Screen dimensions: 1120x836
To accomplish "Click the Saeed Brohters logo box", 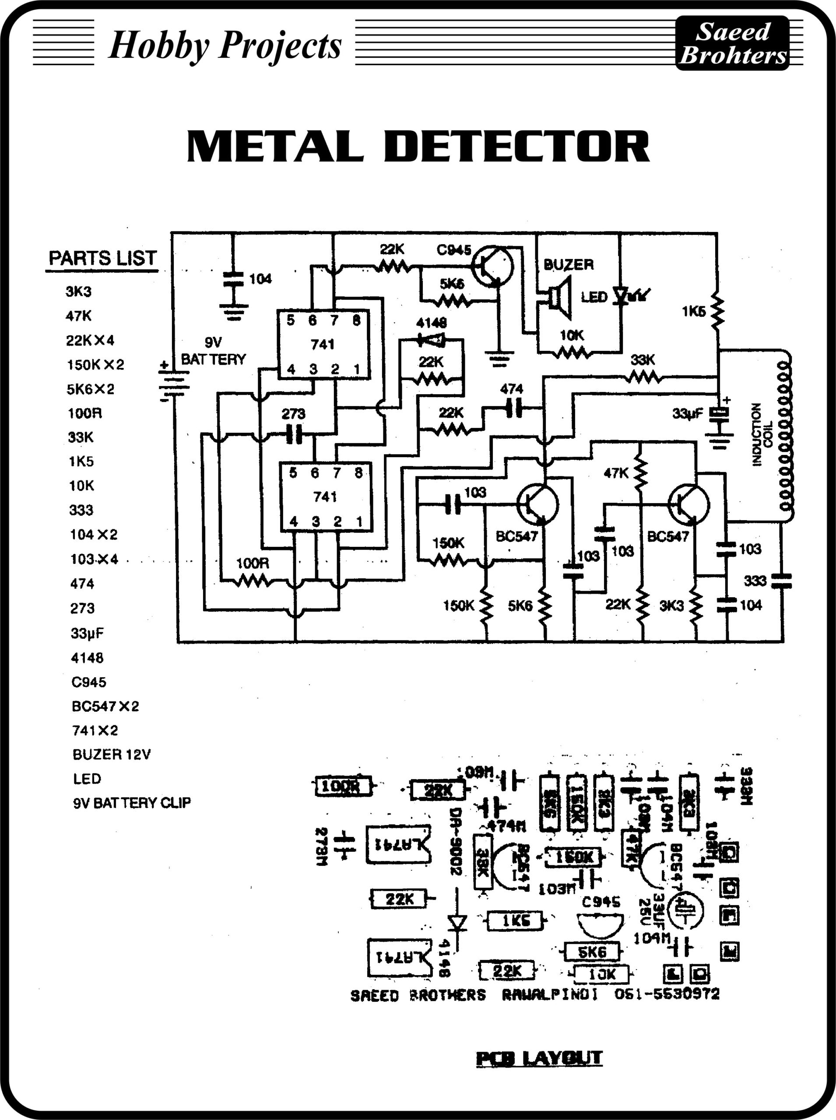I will click(x=732, y=43).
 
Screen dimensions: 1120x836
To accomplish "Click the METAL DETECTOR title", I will click(x=418, y=146).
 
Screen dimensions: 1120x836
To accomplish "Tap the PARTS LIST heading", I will click(x=102, y=259).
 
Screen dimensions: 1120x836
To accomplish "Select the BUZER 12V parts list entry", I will click(x=111, y=755).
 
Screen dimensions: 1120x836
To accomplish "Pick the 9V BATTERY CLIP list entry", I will click(x=132, y=803).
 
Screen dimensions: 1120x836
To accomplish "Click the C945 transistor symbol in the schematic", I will click(x=492, y=266).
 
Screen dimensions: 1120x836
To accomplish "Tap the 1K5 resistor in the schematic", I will click(x=717, y=311).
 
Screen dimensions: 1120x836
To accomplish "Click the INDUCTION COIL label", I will click(x=762, y=434).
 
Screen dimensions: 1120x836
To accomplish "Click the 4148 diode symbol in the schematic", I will click(x=431, y=339).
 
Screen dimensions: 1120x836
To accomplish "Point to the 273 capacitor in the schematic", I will click(x=294, y=434).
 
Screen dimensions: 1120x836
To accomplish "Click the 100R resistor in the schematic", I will click(x=253, y=582).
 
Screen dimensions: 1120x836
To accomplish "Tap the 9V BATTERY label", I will click(x=213, y=351).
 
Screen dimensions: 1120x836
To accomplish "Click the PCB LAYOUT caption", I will click(x=539, y=1057).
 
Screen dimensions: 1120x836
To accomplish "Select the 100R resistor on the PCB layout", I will click(x=343, y=786).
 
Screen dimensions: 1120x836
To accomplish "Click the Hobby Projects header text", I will click(x=225, y=45).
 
